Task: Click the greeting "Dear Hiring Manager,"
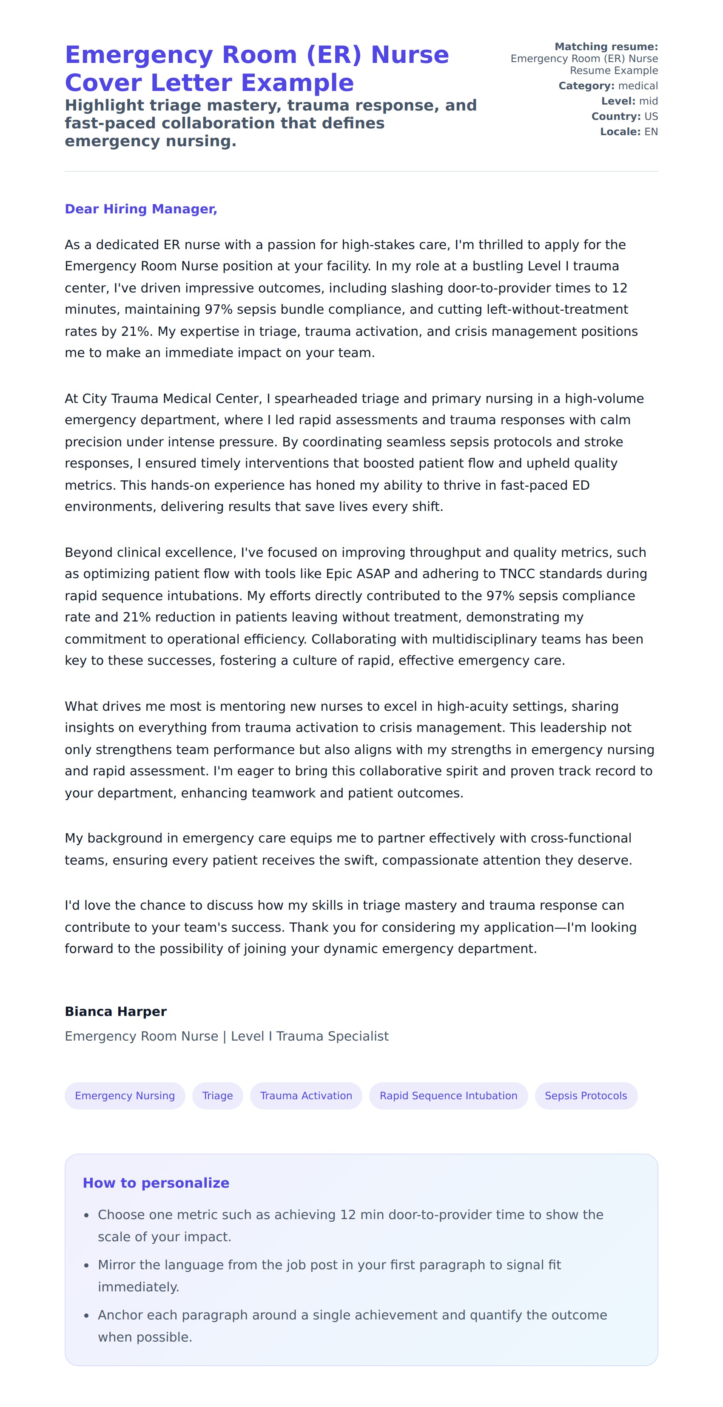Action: pyautogui.click(x=141, y=209)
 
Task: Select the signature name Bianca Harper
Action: pyautogui.click(x=115, y=1012)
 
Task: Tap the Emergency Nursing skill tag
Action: pyautogui.click(x=125, y=1096)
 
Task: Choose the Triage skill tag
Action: pyautogui.click(x=217, y=1096)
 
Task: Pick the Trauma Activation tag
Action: pyautogui.click(x=306, y=1096)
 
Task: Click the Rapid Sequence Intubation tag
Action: pyautogui.click(x=448, y=1096)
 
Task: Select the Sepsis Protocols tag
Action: pyautogui.click(x=586, y=1096)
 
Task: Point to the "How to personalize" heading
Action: pyautogui.click(x=156, y=1183)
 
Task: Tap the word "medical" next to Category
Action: pyautogui.click(x=638, y=86)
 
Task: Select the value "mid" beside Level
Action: pyautogui.click(x=648, y=101)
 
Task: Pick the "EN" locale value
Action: pyautogui.click(x=651, y=132)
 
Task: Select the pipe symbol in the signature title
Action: pyautogui.click(x=224, y=1036)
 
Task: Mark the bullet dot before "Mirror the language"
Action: pyautogui.click(x=86, y=1265)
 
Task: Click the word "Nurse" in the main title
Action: pyautogui.click(x=410, y=55)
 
